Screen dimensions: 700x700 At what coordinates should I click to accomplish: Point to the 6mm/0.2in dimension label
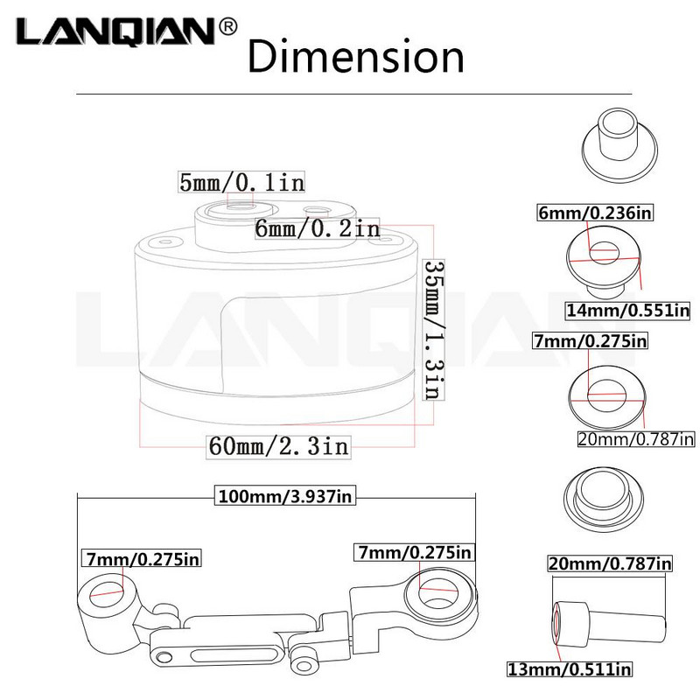click(x=317, y=228)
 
